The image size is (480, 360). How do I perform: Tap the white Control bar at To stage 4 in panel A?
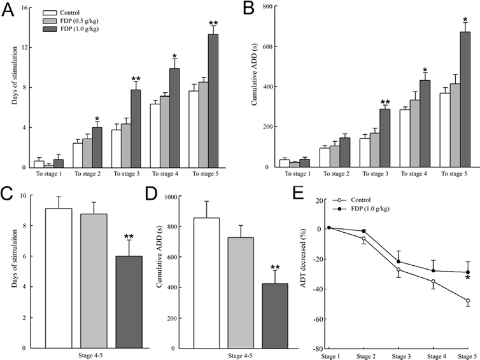[155, 135]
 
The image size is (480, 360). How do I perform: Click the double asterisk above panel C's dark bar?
[129, 237]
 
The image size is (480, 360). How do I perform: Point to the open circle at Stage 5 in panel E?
[468, 301]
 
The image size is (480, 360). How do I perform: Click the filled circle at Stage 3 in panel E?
[400, 262]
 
